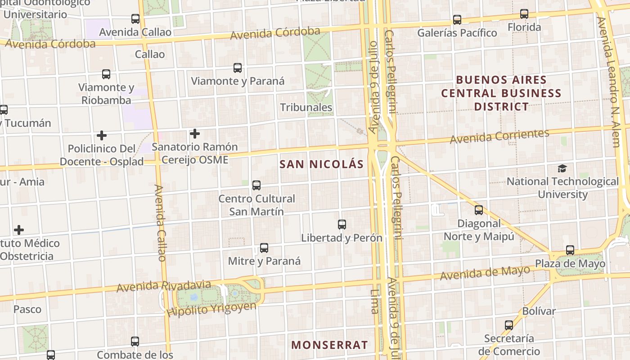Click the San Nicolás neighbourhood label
(x=321, y=164)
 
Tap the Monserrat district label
(x=329, y=345)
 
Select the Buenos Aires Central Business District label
(x=501, y=93)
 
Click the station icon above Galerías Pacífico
(x=457, y=20)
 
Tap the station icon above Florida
(x=524, y=14)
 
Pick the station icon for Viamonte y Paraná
(x=238, y=68)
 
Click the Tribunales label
(x=306, y=107)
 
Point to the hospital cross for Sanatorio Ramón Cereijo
(x=194, y=134)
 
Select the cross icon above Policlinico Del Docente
(x=102, y=135)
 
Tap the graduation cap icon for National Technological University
(x=562, y=168)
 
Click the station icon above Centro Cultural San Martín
(x=256, y=185)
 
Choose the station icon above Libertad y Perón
(x=342, y=224)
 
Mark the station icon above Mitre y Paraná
(x=264, y=248)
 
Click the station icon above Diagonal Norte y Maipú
(x=479, y=210)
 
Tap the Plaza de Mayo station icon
(x=570, y=250)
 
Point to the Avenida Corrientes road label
(x=499, y=136)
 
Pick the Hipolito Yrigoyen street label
(x=211, y=309)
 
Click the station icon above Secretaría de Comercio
(x=509, y=325)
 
